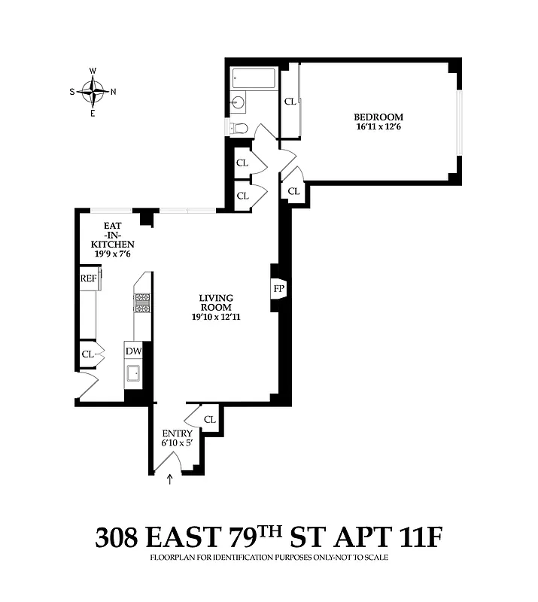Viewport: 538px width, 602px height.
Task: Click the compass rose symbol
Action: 93,93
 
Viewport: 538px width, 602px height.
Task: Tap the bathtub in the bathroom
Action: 254,78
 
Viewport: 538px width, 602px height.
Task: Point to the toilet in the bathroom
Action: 239,127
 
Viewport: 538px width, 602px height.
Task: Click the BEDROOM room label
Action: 378,117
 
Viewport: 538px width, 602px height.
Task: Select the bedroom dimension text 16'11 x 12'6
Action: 378,127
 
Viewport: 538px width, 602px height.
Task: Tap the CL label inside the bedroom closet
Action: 290,102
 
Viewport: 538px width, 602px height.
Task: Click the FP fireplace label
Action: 278,289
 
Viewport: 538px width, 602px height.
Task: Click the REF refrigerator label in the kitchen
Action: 89,278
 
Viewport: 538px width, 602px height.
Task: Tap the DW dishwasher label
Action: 133,351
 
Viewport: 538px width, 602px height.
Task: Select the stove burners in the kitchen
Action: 142,303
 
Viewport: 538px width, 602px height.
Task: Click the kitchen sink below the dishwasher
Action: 133,374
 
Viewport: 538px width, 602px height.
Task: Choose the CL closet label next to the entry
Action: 209,419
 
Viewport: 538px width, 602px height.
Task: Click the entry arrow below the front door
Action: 169,479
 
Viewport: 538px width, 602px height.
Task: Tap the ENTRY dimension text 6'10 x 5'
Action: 178,444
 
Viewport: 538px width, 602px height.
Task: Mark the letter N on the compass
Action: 113,93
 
